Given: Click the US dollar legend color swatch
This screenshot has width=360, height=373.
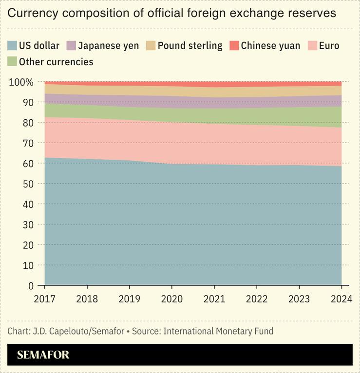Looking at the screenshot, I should coord(12,46).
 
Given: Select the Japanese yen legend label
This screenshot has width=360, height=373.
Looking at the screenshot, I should coord(108,46).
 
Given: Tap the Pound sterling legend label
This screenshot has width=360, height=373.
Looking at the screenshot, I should coord(190,46).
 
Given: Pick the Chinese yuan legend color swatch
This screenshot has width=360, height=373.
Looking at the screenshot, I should coord(234,46).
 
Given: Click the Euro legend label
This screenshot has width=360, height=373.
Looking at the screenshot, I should coord(329,46).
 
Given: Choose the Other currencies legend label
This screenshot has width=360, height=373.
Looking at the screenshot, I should coord(56,62).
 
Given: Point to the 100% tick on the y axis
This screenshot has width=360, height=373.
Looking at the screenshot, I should coord(21,82).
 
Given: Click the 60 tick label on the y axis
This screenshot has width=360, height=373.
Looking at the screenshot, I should coord(28,164).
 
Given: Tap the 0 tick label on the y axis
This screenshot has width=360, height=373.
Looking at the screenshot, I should coord(31,286).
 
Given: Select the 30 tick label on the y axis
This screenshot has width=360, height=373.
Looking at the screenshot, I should coord(28,224).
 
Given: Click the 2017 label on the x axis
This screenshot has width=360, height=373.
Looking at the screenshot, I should coord(44,299).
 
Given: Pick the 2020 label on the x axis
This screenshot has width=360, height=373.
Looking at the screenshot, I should coord(172,299).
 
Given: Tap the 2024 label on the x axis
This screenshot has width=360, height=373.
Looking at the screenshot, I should coord(342,299).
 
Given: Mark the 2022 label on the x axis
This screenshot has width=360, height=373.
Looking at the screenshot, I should coord(257,299).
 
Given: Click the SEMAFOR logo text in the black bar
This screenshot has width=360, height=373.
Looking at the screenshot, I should coord(43,355).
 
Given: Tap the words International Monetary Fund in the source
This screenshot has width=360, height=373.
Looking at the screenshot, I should coord(218,332).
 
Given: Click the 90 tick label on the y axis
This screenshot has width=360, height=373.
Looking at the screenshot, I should coord(28,102).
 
